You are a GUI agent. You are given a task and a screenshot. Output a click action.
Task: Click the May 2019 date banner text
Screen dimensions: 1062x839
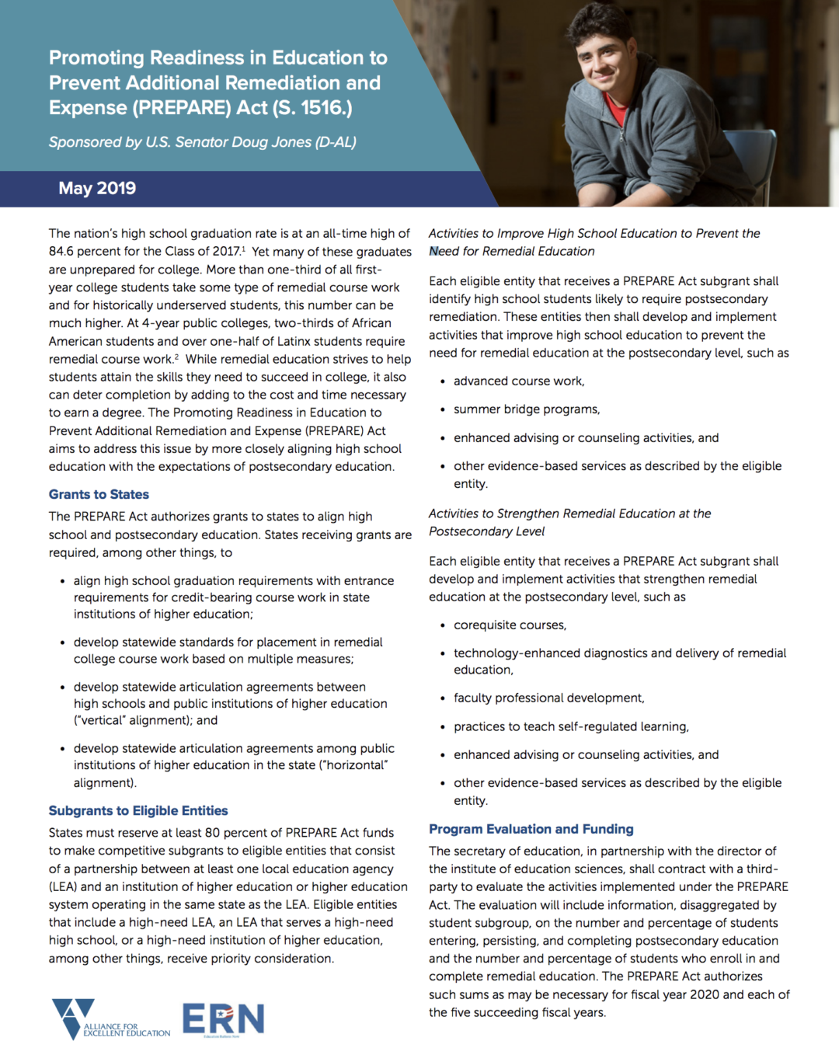pos(97,189)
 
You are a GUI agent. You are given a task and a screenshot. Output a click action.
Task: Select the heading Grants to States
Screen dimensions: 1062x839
pos(99,495)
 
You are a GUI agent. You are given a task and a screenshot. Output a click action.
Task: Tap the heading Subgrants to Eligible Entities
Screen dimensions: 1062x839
pos(138,811)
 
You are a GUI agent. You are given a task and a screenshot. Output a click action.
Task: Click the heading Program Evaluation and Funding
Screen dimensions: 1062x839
pos(531,830)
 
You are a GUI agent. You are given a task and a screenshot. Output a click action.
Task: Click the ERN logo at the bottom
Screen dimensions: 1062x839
pos(224,1019)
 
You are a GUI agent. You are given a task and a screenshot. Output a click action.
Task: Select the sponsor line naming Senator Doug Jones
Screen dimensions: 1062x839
pos(202,142)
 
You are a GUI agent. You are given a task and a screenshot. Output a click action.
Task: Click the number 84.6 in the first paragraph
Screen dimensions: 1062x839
pos(63,252)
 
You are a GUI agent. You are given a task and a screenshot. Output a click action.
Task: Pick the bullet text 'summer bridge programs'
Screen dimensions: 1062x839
pos(527,409)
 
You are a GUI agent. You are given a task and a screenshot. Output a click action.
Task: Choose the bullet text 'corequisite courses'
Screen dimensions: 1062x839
pos(510,625)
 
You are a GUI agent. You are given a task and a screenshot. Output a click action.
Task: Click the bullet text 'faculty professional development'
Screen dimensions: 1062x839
pos(548,698)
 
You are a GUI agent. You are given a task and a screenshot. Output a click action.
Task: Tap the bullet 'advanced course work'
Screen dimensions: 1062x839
pos(519,381)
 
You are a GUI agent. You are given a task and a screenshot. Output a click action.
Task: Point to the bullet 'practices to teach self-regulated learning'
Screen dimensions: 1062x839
pos(571,727)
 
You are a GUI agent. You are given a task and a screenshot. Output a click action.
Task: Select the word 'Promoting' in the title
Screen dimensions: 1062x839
pos(96,58)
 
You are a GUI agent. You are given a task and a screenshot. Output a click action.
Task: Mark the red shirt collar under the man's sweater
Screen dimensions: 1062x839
pos(615,109)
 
